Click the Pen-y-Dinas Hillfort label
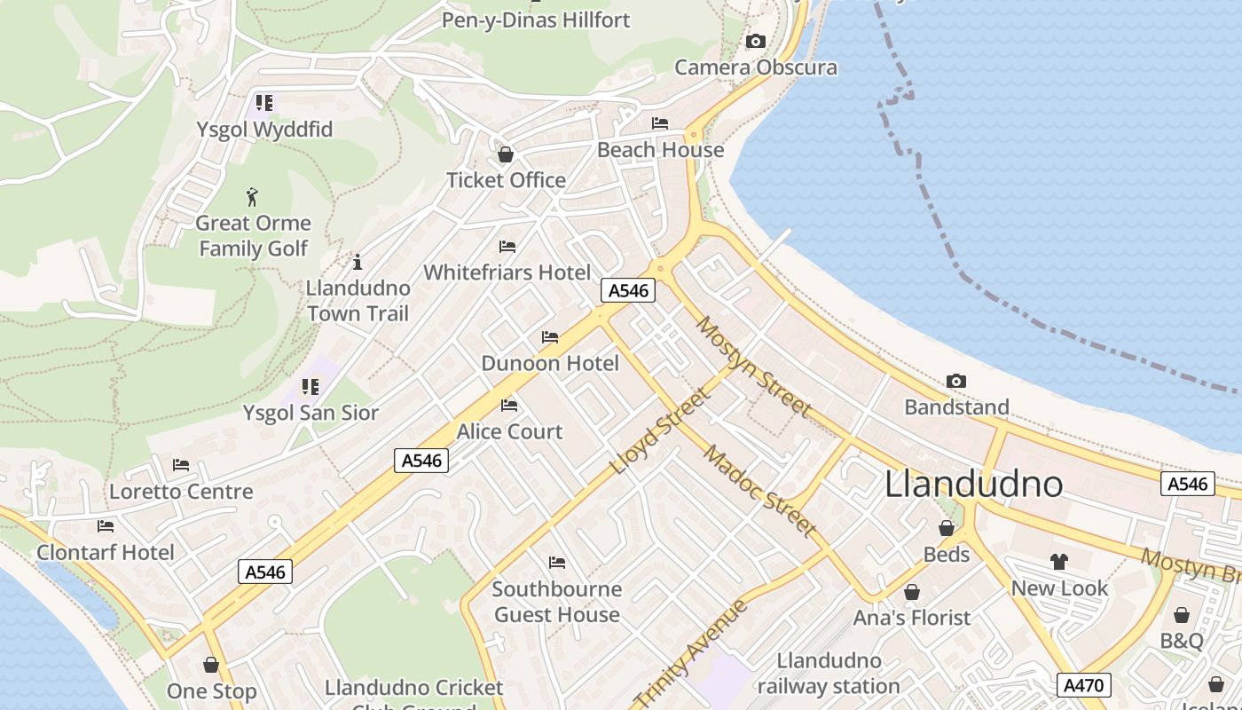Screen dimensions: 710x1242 click(x=536, y=20)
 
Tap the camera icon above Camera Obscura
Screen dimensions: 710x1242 click(x=756, y=41)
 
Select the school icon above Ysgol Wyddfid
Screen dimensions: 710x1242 click(x=264, y=102)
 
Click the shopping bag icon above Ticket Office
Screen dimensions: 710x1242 click(x=506, y=154)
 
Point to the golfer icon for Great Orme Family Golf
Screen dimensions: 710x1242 click(x=253, y=196)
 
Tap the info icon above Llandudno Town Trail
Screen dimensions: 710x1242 click(x=358, y=262)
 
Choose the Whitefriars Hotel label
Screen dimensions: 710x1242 click(x=507, y=272)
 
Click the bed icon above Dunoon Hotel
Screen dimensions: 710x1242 click(x=550, y=337)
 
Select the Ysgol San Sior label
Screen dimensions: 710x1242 click(x=310, y=413)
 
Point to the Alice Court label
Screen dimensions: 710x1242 click(x=509, y=431)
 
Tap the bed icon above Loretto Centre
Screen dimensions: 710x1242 click(x=181, y=464)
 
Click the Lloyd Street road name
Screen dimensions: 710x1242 click(x=661, y=430)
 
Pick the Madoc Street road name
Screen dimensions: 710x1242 click(x=759, y=491)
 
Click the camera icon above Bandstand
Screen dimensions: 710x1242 click(x=955, y=381)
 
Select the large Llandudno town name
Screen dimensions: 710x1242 click(x=974, y=484)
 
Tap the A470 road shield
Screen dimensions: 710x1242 click(x=1084, y=685)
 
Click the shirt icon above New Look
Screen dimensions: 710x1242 click(x=1059, y=561)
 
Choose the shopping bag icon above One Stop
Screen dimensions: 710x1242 click(x=211, y=665)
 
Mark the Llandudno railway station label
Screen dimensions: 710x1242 click(x=829, y=673)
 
